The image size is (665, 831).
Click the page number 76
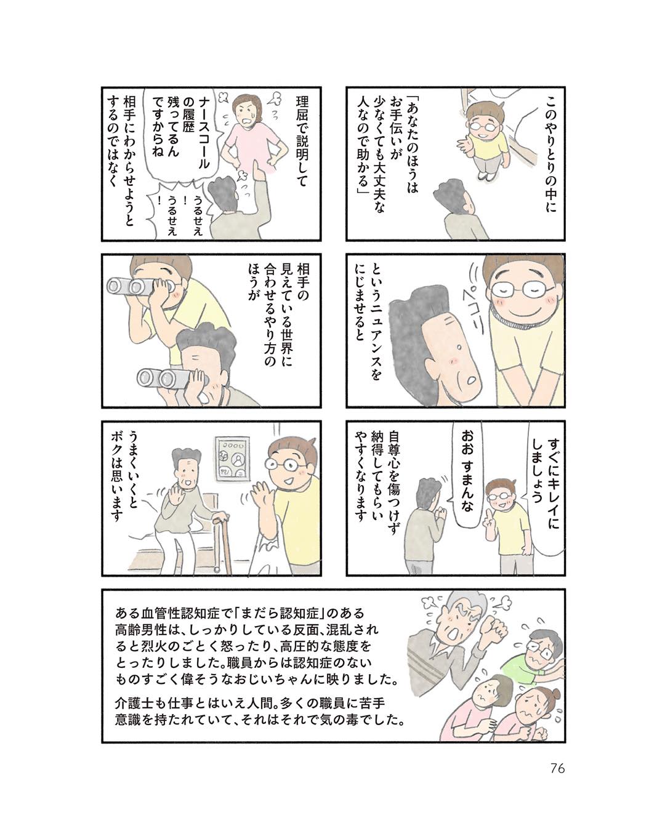tap(557, 768)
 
